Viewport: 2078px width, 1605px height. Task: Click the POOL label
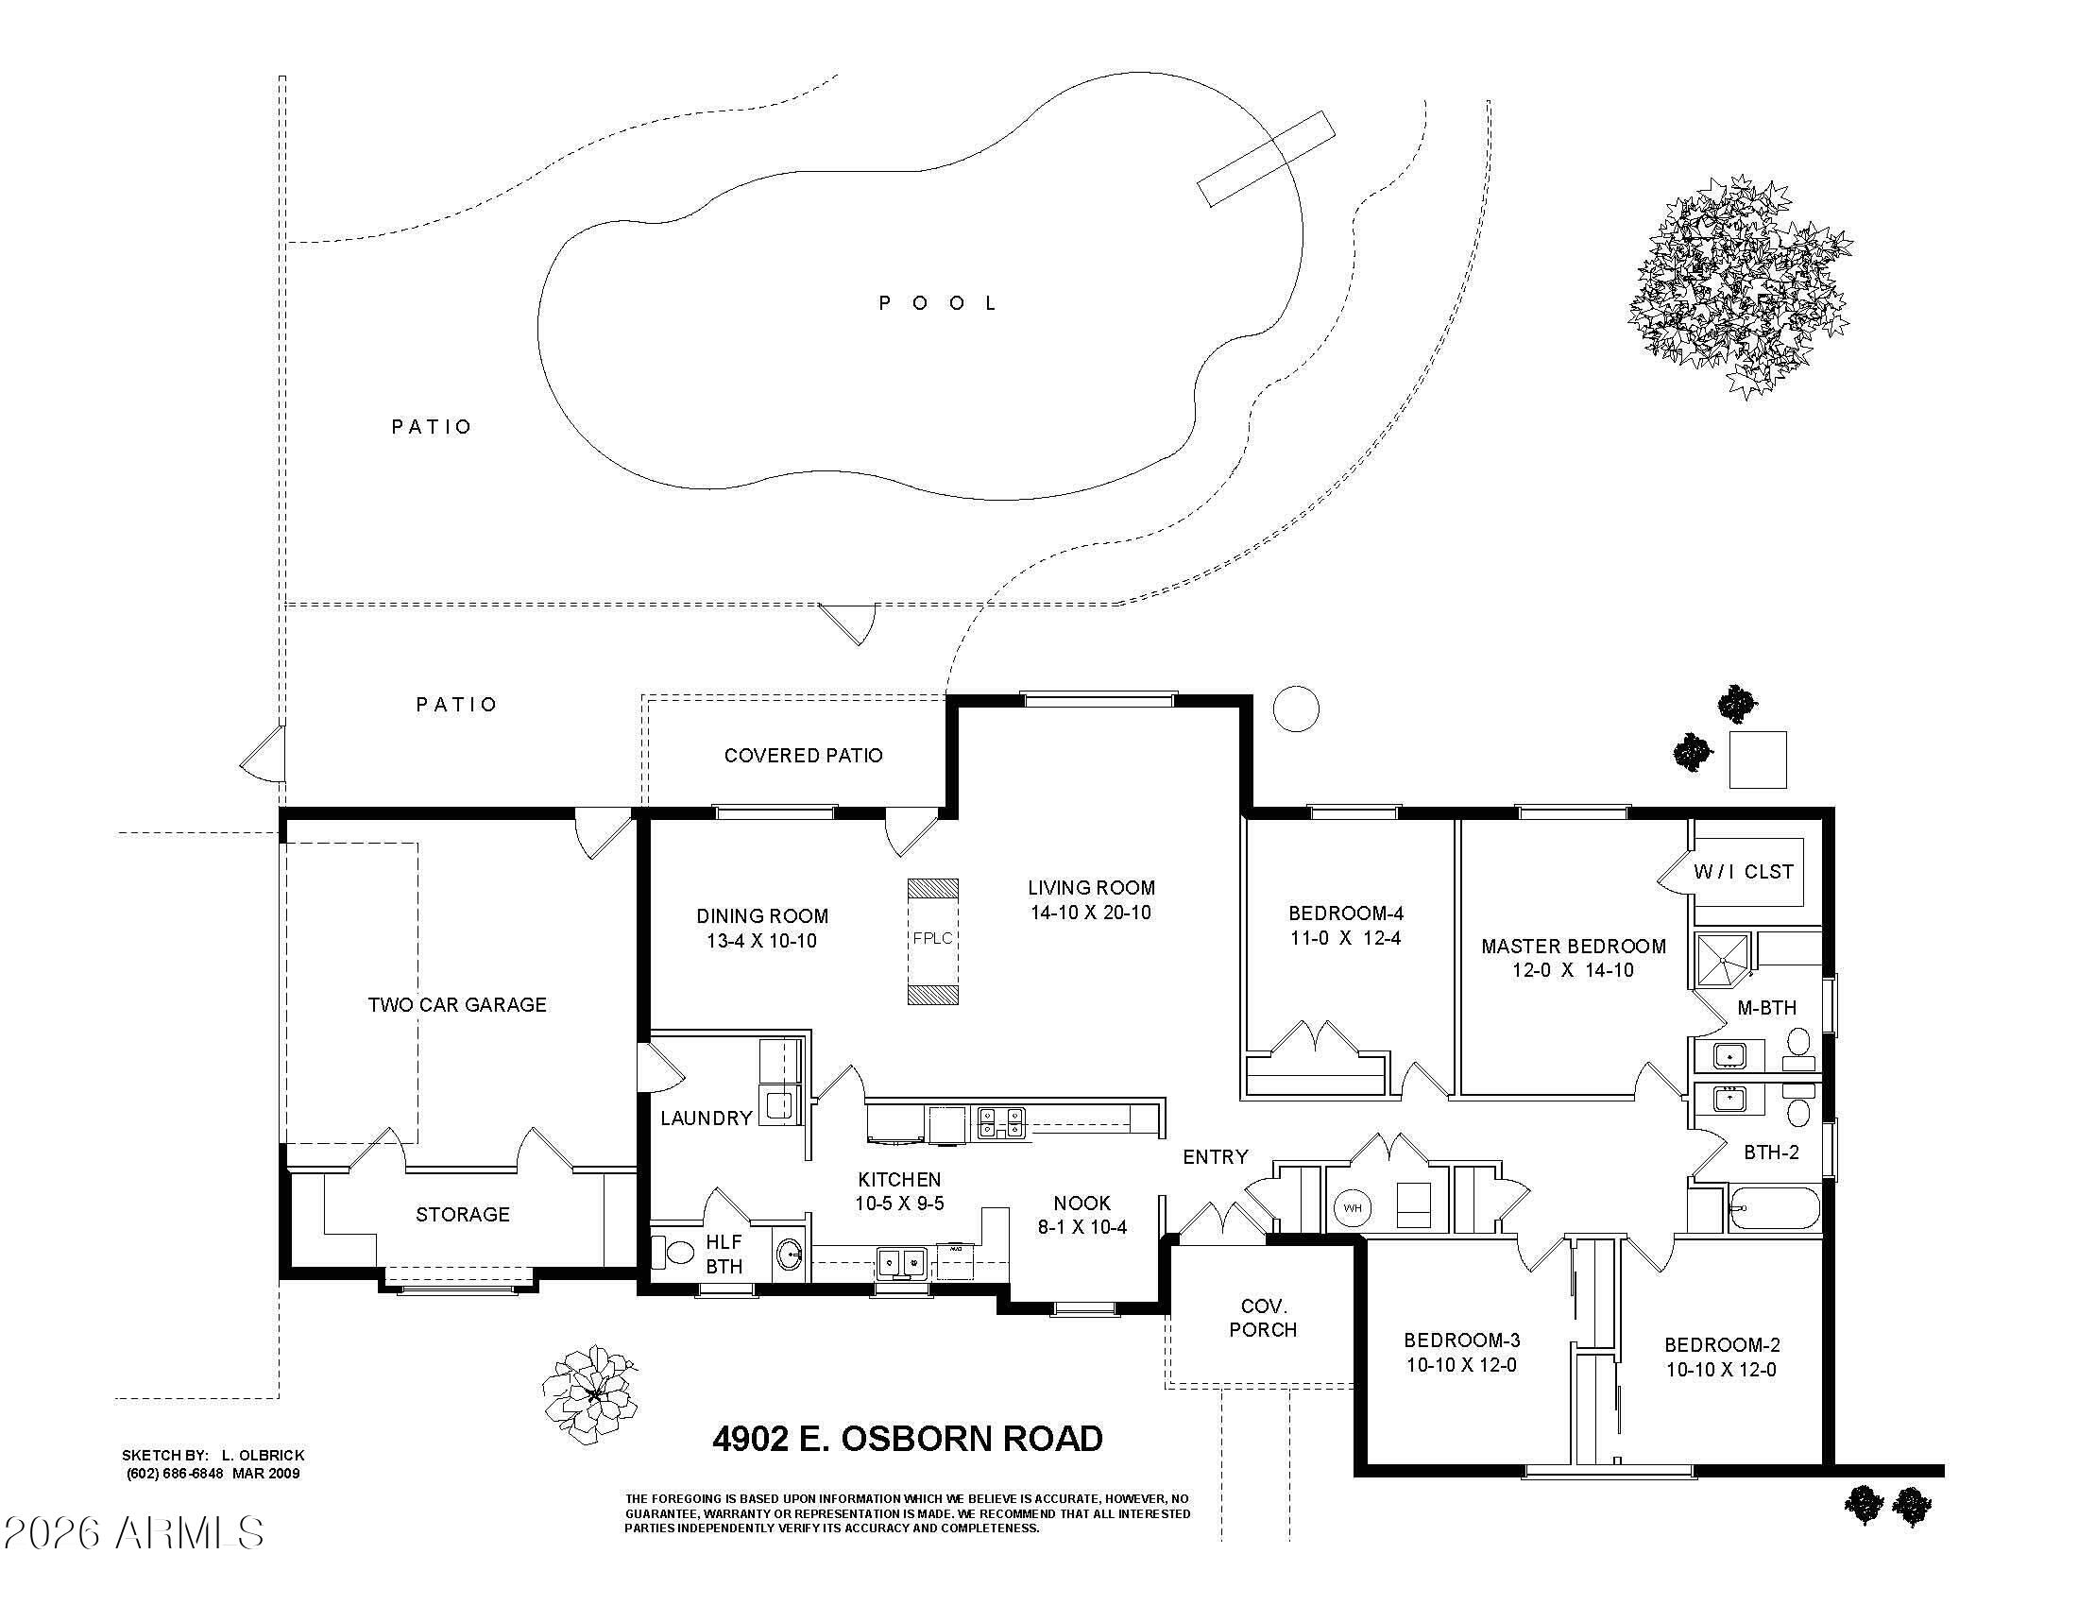(x=937, y=303)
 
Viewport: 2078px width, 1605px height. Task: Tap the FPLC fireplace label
(x=932, y=938)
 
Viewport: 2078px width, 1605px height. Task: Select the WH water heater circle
(x=1352, y=1208)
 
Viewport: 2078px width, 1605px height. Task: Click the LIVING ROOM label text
(x=1091, y=888)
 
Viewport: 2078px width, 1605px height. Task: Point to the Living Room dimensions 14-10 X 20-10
(x=1091, y=913)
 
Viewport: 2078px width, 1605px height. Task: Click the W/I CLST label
(x=1743, y=872)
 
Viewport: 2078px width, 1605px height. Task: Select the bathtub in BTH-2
(x=1775, y=1208)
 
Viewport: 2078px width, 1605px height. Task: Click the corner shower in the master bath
(x=1723, y=961)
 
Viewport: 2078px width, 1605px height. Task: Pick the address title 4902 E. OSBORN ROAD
(x=908, y=1439)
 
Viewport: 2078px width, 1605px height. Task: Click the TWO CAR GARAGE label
(x=458, y=1005)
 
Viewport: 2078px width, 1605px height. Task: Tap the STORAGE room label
(x=463, y=1214)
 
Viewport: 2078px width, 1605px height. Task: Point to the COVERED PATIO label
(x=803, y=756)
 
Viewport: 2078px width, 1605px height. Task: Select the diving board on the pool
(x=1266, y=159)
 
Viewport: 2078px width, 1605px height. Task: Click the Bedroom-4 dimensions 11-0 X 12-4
(x=1345, y=938)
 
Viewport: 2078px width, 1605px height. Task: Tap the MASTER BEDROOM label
(x=1574, y=947)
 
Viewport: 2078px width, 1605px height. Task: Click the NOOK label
(x=1082, y=1203)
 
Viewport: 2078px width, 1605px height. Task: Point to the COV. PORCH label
(x=1263, y=1318)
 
